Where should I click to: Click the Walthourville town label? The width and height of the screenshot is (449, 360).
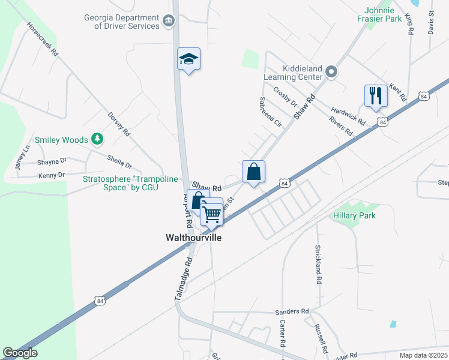pos(193,238)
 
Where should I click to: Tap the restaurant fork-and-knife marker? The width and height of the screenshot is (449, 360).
pos(376,95)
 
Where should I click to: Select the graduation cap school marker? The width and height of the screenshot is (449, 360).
pos(188,59)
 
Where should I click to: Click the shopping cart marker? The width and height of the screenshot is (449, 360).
pos(211,212)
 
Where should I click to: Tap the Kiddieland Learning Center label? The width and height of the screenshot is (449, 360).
pos(294,73)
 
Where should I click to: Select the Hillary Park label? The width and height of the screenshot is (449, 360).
pos(355,215)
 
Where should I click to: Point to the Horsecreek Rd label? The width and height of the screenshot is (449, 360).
pos(42,40)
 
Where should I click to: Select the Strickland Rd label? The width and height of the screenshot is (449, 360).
pos(318,264)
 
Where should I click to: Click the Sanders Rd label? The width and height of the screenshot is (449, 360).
pos(291,312)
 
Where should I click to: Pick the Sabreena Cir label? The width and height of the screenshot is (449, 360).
pos(270,112)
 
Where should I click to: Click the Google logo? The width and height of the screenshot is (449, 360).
pos(20,353)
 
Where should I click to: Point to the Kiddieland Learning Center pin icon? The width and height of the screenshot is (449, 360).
pos(332,73)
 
